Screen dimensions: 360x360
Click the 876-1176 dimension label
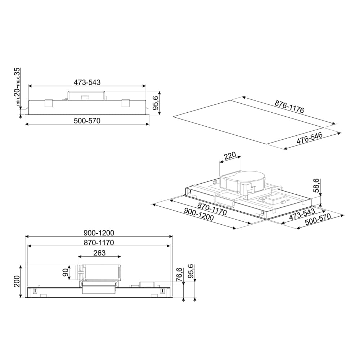(289, 107)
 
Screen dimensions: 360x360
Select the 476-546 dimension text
(309, 139)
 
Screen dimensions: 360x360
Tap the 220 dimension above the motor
(230, 156)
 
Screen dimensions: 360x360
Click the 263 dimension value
(99, 253)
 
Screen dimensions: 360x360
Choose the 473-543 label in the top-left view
(87, 82)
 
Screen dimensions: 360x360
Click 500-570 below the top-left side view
(87, 121)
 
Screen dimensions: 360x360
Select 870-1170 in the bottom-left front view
(98, 243)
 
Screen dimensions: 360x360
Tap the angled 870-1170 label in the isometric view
(212, 209)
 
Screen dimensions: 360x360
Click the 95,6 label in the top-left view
(156, 103)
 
